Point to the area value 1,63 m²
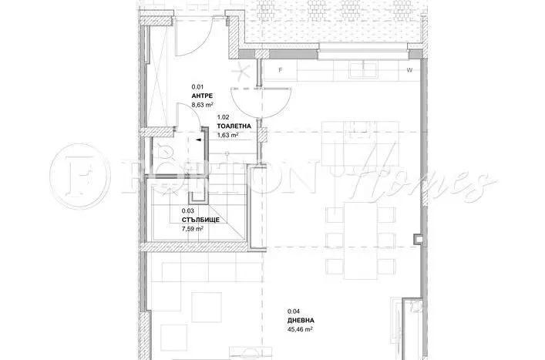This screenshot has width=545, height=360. [228, 135]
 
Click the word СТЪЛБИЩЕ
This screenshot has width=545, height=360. [198, 220]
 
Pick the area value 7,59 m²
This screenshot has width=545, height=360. [193, 228]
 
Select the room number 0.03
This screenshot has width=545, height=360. [187, 211]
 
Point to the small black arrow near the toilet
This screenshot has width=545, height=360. [199, 141]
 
